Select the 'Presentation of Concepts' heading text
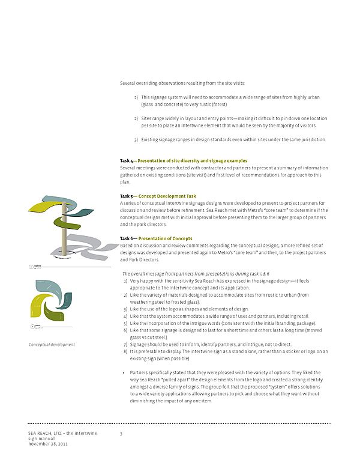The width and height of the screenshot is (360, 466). (x=165, y=238)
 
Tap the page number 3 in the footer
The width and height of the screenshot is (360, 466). (x=121, y=434)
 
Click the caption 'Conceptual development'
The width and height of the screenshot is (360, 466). (x=52, y=344)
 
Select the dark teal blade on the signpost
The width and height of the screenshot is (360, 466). (x=81, y=212)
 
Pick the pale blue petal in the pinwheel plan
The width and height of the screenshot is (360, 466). (x=48, y=286)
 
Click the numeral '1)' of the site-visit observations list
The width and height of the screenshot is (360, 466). (x=136, y=97)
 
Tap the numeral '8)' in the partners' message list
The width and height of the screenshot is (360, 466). (x=125, y=351)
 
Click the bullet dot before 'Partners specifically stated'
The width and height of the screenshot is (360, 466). (x=123, y=373)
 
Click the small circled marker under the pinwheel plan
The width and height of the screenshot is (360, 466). (x=31, y=327)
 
